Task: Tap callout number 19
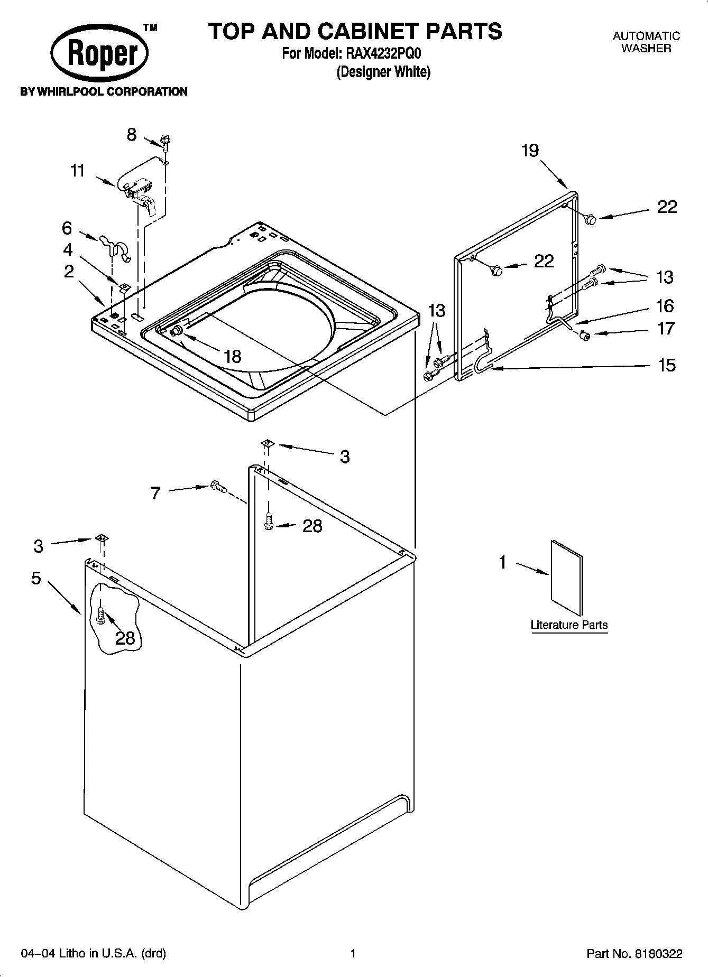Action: (x=530, y=151)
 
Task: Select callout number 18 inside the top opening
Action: (x=233, y=357)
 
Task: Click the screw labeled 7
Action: (x=218, y=486)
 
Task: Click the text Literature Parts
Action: (x=569, y=625)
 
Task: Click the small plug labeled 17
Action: (x=585, y=335)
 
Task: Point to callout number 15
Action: (x=667, y=365)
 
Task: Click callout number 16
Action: (x=665, y=305)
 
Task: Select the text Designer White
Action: (x=384, y=72)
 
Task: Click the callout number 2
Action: (x=69, y=272)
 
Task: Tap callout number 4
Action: (x=68, y=249)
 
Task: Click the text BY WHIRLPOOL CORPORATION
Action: (x=104, y=92)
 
